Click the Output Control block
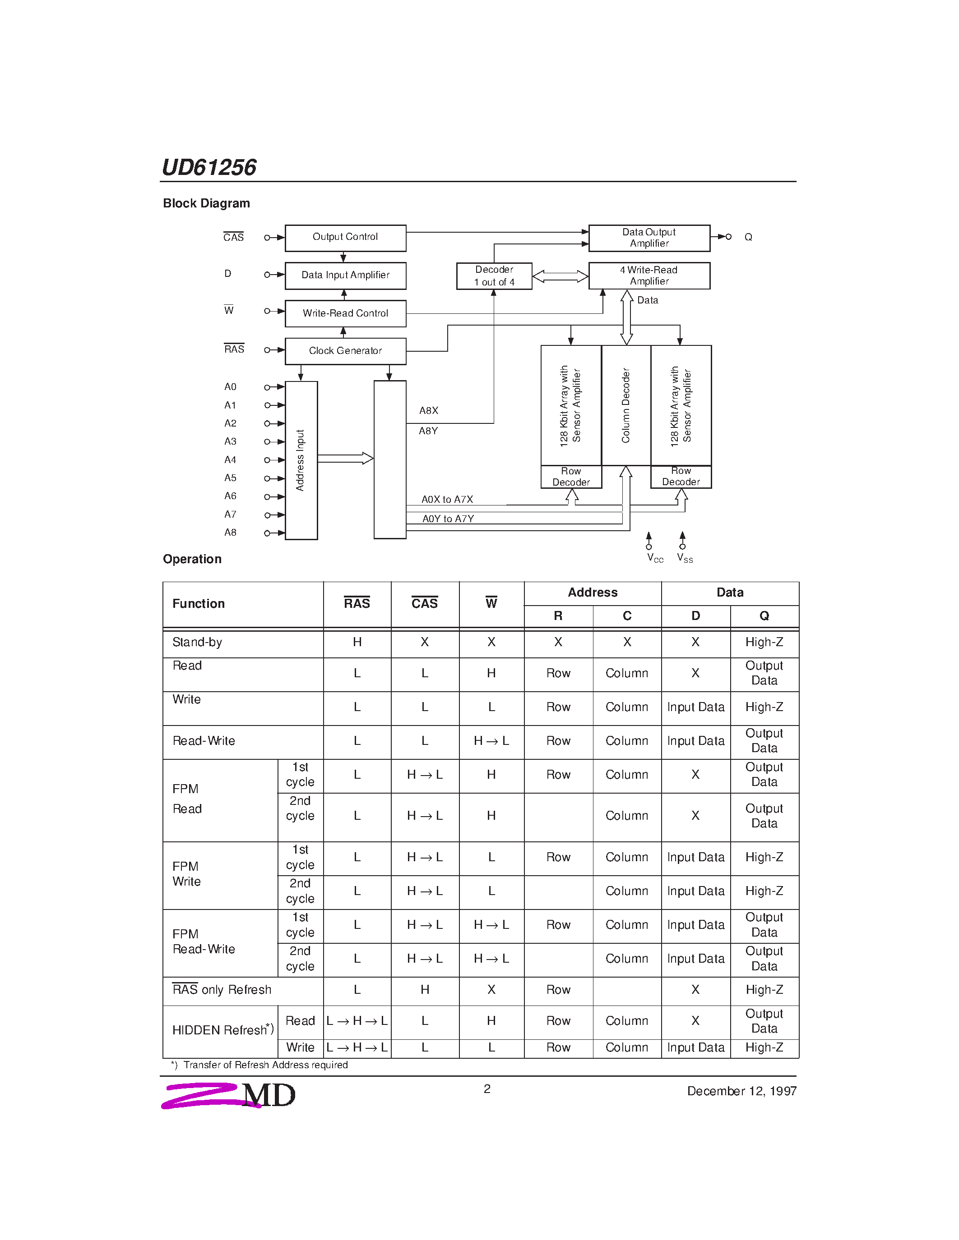point(345,237)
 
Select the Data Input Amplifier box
point(345,276)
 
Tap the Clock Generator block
point(345,351)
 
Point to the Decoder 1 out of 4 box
point(494,276)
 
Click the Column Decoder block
point(626,405)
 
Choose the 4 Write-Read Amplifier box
point(649,276)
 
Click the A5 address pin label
point(230,478)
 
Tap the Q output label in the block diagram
point(748,237)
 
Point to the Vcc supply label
point(654,558)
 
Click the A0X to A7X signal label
point(447,500)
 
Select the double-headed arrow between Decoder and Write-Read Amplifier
point(560,276)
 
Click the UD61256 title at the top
point(209,167)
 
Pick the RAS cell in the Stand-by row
point(357,642)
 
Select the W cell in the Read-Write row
point(491,741)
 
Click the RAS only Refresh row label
point(222,990)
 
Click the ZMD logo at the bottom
point(229,1095)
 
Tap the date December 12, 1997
point(741,1091)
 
